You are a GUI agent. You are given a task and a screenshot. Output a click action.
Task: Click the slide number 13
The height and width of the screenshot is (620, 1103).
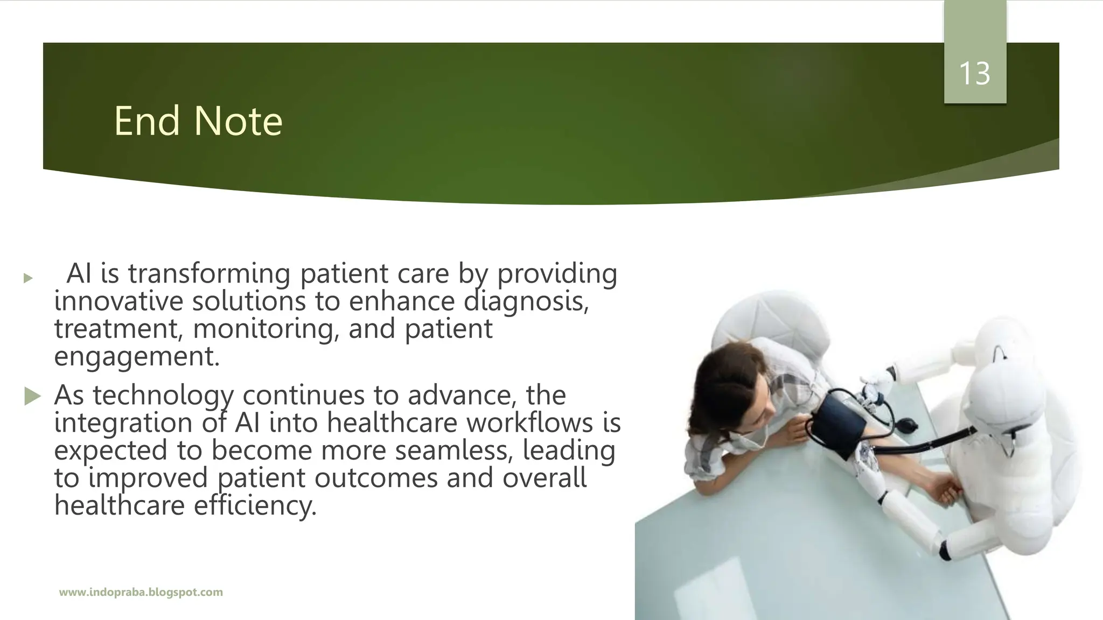(x=975, y=74)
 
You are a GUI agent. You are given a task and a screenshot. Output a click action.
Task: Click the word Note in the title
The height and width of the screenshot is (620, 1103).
(x=238, y=121)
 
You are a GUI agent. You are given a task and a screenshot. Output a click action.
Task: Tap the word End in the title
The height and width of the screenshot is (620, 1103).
(x=146, y=121)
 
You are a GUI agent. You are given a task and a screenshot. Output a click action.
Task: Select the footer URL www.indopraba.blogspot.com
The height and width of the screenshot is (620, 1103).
(x=141, y=593)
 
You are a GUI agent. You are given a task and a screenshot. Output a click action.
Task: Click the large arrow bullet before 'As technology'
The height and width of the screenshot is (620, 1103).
(x=32, y=397)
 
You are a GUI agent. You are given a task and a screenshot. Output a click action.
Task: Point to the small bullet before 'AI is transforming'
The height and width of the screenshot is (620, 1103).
(x=28, y=278)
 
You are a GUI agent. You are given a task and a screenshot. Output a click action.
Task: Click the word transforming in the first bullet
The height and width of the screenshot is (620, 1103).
(x=209, y=273)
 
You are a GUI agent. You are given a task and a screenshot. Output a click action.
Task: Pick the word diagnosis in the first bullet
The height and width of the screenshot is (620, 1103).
(x=526, y=301)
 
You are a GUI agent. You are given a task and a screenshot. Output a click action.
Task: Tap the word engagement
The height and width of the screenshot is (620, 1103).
(x=137, y=357)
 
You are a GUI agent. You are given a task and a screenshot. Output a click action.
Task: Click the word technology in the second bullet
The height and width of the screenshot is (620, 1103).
(x=163, y=396)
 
